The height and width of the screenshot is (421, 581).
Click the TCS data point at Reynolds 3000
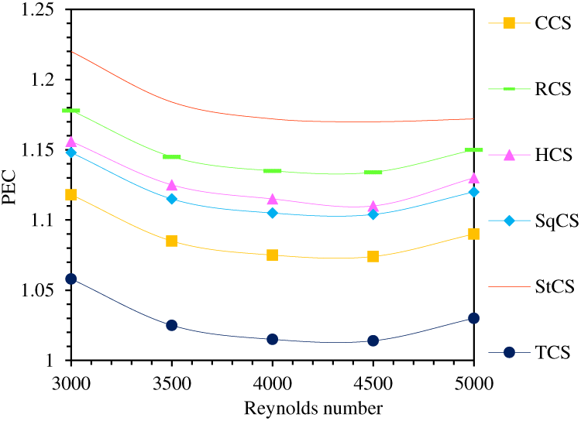tap(71, 279)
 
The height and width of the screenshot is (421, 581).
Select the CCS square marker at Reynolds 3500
tap(172, 241)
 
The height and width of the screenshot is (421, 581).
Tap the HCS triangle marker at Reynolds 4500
tap(373, 207)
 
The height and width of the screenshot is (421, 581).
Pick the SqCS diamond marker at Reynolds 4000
tap(273, 213)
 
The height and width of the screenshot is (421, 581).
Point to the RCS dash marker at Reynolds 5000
tap(473, 149)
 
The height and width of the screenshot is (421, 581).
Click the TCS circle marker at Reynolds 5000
tap(473, 318)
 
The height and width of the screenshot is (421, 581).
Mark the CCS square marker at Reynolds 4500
tap(373, 256)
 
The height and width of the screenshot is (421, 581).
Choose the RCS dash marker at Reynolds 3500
tap(172, 157)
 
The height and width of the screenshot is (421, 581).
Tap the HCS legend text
tap(552, 156)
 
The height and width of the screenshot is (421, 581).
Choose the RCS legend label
tap(552, 89)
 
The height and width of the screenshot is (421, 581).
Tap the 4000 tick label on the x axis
tap(273, 382)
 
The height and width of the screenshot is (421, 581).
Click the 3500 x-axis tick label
tap(172, 382)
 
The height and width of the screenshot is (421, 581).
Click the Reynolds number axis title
tap(273, 407)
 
